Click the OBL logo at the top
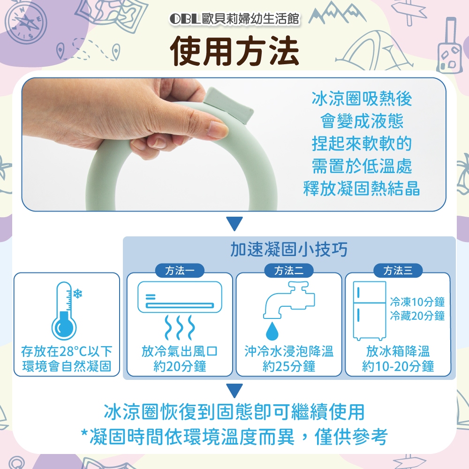pyautogui.click(x=185, y=19)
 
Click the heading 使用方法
pyautogui.click(x=234, y=51)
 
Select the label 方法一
pyautogui.click(x=180, y=271)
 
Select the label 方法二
pyautogui.click(x=289, y=271)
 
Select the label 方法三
pyautogui.click(x=398, y=271)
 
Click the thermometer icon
pyautogui.click(x=64, y=311)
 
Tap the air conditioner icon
pyautogui.click(x=180, y=297)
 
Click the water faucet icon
pyautogui.click(x=289, y=300)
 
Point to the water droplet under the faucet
pyautogui.click(x=272, y=331)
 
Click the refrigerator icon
pyautogui.click(x=370, y=310)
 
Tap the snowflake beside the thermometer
pyautogui.click(x=78, y=294)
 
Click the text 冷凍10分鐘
pyautogui.click(x=417, y=302)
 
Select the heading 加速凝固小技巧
pyautogui.click(x=289, y=249)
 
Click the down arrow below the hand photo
pyautogui.click(x=234, y=224)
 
